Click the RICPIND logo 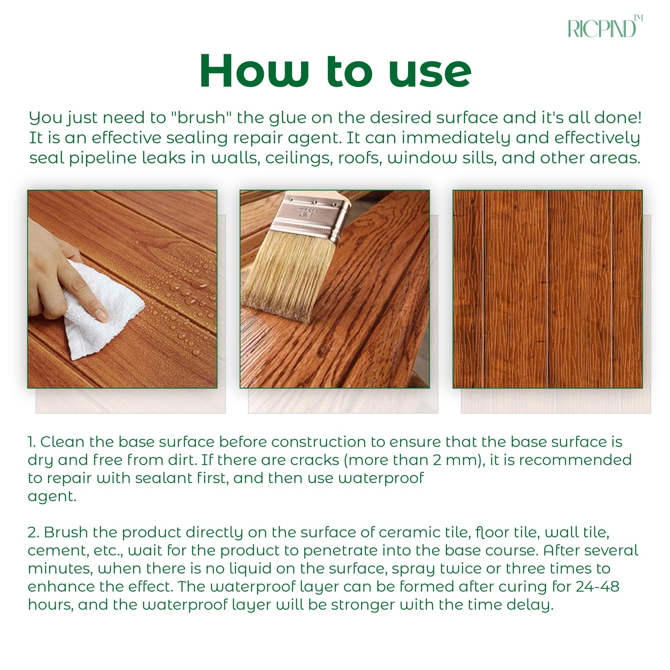[605, 26]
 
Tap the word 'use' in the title [430, 74]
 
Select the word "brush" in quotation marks [201, 117]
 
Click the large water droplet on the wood [199, 284]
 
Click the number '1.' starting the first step [32, 442]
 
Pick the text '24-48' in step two [597, 587]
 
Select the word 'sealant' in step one [164, 478]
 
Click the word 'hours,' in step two [51, 605]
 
